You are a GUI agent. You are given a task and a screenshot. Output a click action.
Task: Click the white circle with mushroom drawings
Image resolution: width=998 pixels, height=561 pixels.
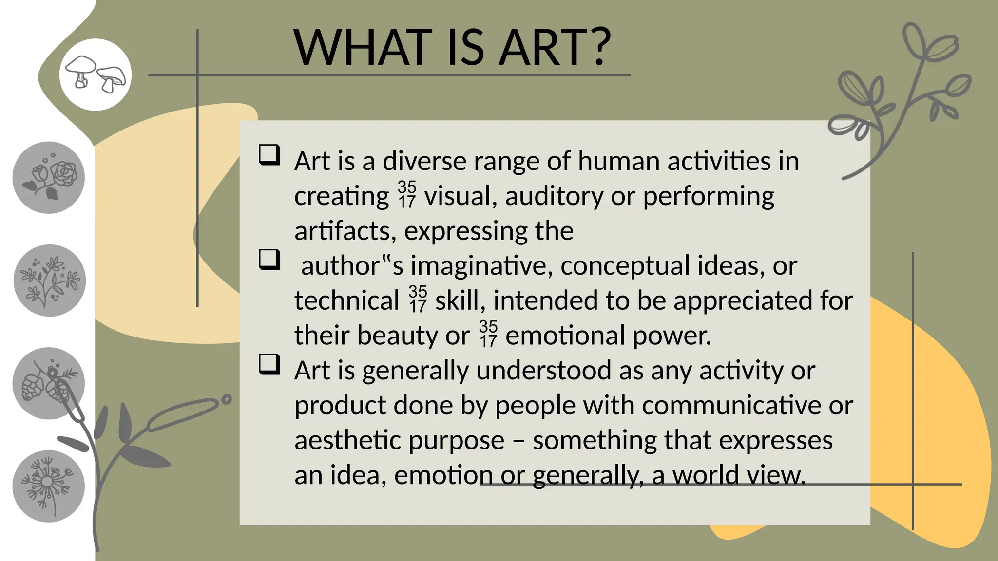tap(96, 75)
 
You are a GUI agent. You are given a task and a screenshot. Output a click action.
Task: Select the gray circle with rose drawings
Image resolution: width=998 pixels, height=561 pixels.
tap(49, 178)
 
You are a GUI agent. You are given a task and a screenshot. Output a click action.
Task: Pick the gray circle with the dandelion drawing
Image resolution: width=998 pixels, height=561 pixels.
tap(49, 486)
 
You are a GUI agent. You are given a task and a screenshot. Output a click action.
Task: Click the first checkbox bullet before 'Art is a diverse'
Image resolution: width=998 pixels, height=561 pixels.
tap(269, 155)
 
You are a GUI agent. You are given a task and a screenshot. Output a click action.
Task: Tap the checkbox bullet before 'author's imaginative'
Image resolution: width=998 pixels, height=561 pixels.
tap(269, 260)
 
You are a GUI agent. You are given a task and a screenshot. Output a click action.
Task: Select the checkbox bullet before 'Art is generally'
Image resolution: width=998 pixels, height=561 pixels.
tap(269, 364)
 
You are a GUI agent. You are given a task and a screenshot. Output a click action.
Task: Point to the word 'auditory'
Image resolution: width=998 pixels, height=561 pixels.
tap(554, 197)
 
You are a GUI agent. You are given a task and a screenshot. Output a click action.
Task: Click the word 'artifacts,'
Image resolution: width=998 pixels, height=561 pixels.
tap(345, 231)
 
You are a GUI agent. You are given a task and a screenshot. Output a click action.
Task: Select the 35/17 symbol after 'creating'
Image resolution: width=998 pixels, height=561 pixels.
tap(407, 195)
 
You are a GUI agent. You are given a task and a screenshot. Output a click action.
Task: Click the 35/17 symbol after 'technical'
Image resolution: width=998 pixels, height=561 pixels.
tap(418, 299)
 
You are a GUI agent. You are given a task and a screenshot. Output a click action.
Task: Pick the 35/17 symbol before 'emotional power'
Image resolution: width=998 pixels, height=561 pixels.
tap(488, 334)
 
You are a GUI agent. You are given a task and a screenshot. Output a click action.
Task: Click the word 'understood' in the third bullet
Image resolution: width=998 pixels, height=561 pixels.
tap(543, 371)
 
